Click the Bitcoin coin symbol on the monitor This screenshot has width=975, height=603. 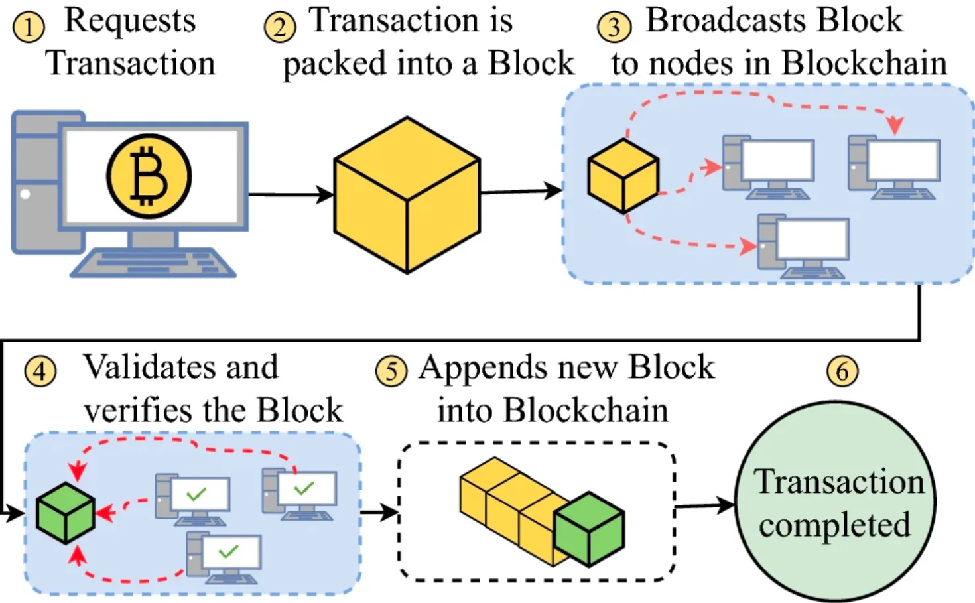[149, 176]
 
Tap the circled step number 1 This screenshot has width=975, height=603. [29, 28]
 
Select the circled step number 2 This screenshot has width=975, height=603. [279, 28]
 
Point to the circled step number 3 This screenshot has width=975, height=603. [614, 28]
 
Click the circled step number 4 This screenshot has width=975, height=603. [40, 371]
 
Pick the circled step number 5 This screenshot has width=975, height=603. [391, 371]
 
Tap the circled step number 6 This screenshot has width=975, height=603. [842, 371]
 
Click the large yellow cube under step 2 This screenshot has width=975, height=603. [407, 195]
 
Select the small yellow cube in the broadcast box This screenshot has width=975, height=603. [623, 176]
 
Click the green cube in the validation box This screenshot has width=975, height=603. [65, 513]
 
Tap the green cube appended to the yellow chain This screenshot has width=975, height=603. [589, 529]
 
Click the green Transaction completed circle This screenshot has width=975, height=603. [835, 503]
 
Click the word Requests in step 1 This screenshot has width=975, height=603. [130, 21]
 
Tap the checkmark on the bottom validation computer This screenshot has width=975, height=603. [228, 551]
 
